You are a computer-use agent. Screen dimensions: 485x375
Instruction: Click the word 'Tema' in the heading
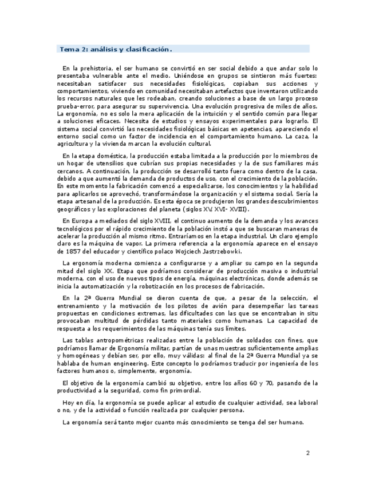click(x=69, y=49)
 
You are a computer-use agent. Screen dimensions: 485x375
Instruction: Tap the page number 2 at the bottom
click(x=307, y=454)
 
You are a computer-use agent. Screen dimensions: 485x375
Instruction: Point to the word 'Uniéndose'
click(x=163, y=75)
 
